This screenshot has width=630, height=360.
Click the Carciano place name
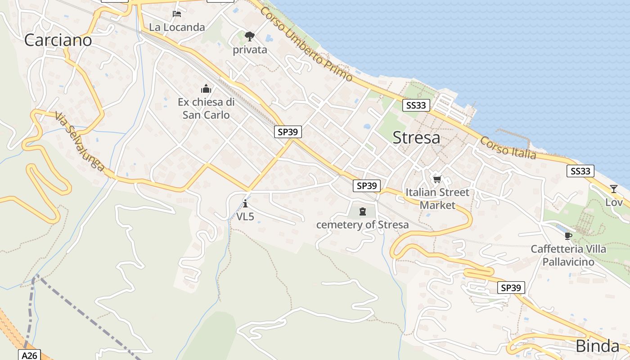58,40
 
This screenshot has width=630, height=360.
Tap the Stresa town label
416,138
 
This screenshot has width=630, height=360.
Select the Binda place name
597,346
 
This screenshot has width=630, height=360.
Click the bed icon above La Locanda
177,14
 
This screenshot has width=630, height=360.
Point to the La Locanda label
177,27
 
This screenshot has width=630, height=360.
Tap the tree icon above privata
250,36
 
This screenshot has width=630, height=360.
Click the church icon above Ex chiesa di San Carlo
206,89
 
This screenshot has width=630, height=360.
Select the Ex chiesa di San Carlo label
206,108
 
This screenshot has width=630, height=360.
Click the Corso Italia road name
508,148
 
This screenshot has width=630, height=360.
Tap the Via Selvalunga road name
80,141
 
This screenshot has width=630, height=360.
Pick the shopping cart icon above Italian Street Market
437,180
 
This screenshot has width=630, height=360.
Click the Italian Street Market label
437,198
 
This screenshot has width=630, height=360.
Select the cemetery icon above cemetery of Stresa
363,211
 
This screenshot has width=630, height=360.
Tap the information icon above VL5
245,203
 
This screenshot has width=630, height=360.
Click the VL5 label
245,216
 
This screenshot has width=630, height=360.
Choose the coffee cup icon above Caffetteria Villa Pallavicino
568,236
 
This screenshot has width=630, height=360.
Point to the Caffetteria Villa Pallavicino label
568,255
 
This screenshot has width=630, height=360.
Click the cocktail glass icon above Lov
614,189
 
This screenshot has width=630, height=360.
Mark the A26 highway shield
29,355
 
